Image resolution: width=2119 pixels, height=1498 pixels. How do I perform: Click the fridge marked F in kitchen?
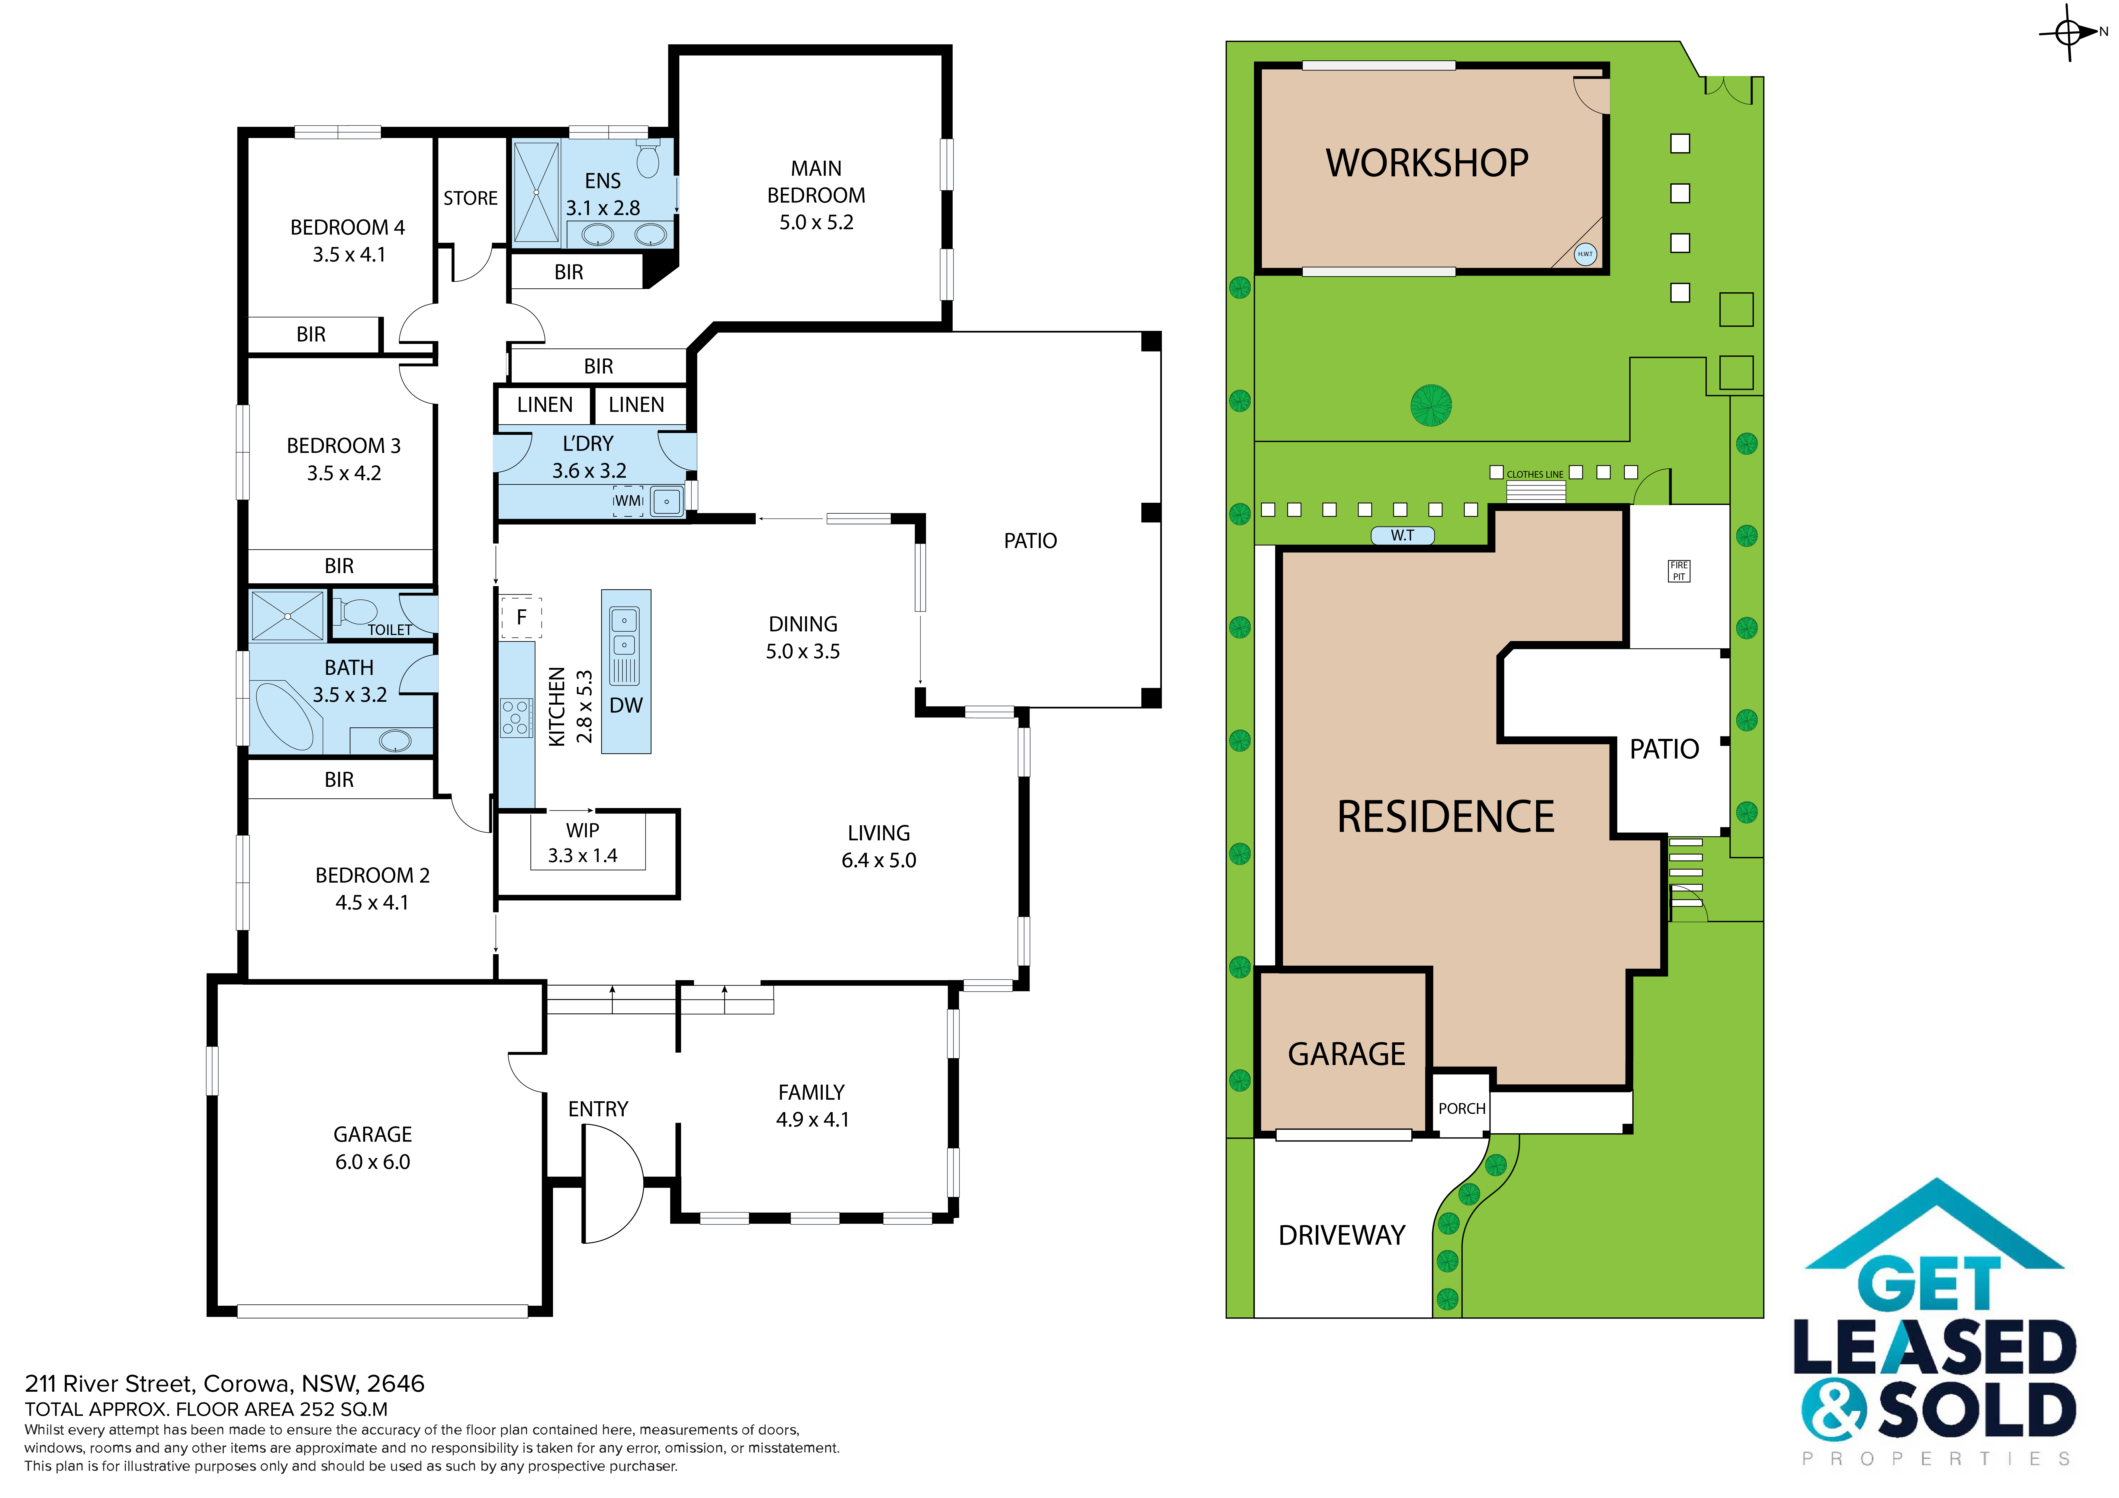pos(521,617)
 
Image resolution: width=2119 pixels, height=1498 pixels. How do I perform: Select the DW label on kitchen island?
pos(626,706)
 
